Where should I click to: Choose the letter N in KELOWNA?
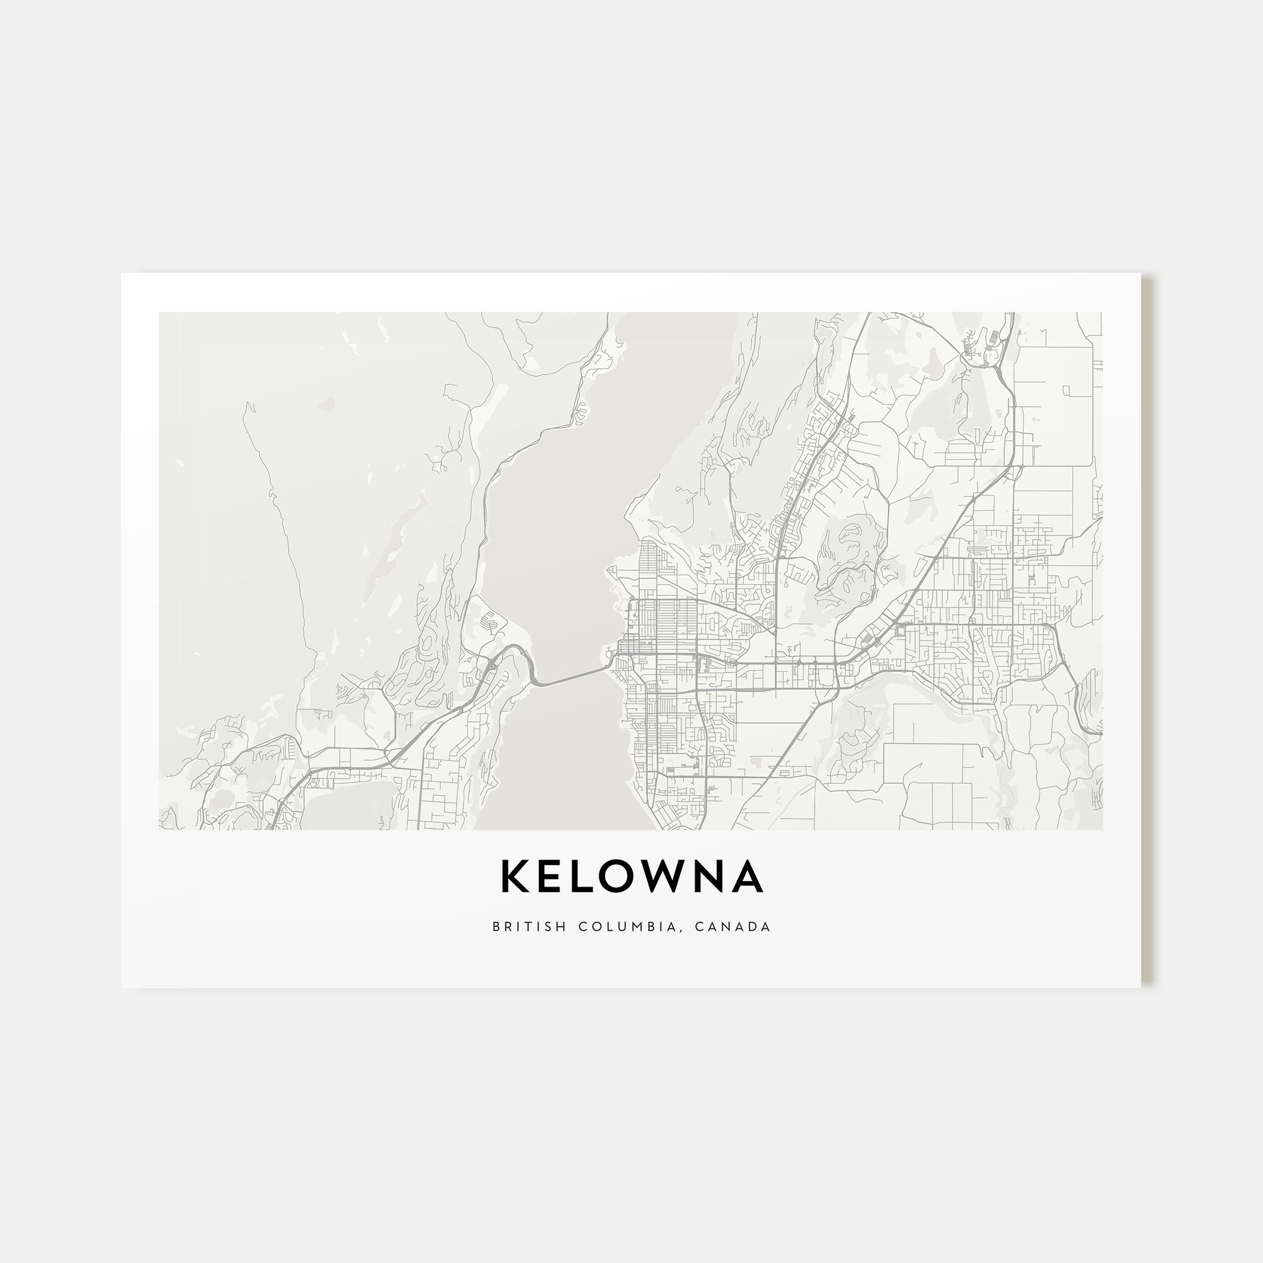tap(711, 877)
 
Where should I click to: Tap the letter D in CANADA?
tap(750, 926)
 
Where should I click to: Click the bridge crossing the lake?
tap(569, 677)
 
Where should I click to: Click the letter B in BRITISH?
tap(496, 926)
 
